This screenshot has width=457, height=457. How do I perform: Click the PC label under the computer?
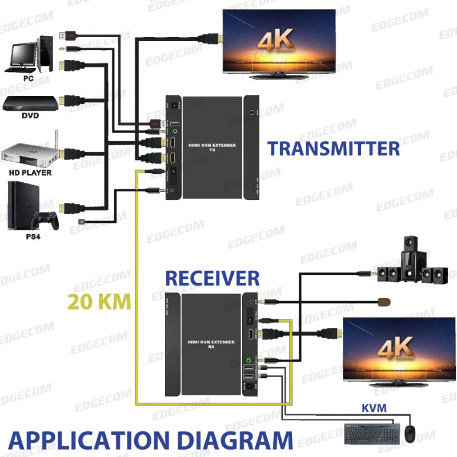[x=28, y=77]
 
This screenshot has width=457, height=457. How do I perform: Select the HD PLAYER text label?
[x=30, y=172]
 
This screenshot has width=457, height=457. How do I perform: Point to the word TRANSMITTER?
[x=334, y=149]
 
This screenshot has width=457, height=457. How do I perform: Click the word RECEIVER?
[x=212, y=278]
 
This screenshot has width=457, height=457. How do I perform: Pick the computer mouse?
[x=410, y=432]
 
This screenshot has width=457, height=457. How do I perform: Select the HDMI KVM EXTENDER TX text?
[x=212, y=148]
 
